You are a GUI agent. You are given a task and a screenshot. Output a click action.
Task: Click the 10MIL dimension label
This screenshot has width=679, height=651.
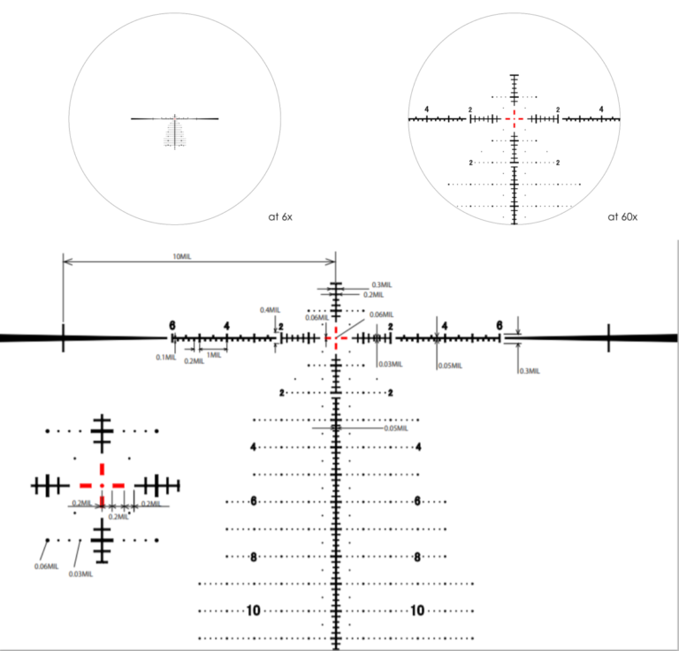pyautogui.click(x=182, y=255)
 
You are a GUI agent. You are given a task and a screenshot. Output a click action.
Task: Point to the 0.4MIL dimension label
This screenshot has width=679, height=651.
pyautogui.click(x=270, y=310)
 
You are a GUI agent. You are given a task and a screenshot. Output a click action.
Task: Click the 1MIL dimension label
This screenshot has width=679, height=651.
pyautogui.click(x=213, y=354)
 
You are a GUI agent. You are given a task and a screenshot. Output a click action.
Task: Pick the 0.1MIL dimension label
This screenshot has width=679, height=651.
pyautogui.click(x=164, y=357)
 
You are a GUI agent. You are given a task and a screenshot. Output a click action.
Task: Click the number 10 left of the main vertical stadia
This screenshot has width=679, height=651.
pyautogui.click(x=254, y=610)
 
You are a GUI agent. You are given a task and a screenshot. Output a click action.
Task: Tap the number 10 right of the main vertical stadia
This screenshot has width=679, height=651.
pyautogui.click(x=417, y=610)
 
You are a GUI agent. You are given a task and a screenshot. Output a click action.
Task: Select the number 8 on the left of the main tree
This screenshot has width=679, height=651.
pyautogui.click(x=254, y=556)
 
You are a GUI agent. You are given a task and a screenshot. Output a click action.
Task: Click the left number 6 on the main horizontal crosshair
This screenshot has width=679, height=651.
pyautogui.click(x=173, y=325)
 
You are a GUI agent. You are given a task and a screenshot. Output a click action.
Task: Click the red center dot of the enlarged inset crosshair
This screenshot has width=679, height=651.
pyautogui.click(x=103, y=485)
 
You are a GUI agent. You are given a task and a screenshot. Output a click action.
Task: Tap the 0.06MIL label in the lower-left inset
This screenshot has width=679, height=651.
pyautogui.click(x=46, y=566)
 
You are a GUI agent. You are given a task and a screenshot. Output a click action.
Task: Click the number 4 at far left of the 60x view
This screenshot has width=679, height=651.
pyautogui.click(x=426, y=109)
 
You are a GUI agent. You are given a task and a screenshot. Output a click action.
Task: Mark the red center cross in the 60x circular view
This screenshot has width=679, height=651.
pyautogui.click(x=514, y=117)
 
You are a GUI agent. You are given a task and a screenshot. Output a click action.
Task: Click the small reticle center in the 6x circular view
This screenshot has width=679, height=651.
pyautogui.click(x=175, y=117)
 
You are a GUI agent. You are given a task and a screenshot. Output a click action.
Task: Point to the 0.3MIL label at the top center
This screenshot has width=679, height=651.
pyautogui.click(x=383, y=284)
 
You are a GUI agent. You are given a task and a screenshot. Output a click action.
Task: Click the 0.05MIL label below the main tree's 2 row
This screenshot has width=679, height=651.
pyautogui.click(x=395, y=428)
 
